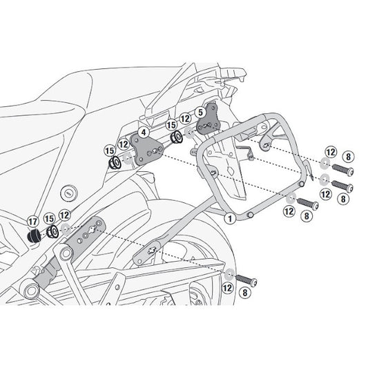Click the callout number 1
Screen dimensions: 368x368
229,220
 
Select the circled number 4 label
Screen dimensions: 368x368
142,130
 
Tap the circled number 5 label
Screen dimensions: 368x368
200,111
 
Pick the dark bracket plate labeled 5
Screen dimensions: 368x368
205,125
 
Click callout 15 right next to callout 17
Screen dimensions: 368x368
48,220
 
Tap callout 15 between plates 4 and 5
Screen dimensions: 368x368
170,126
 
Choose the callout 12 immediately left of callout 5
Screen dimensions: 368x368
185,119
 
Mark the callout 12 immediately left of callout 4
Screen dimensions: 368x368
124,144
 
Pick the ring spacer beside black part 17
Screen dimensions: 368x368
51,233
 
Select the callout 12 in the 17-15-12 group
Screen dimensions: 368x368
64,215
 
